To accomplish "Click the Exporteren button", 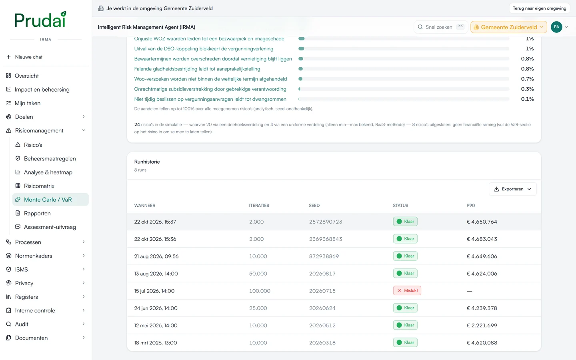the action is tap(512, 189).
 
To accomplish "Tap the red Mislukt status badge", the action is tap(407, 290).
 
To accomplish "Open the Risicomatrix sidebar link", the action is tap(39, 186).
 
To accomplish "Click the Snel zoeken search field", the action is tap(440, 27).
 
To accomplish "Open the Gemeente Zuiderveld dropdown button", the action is tap(508, 27).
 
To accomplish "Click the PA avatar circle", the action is tap(556, 27).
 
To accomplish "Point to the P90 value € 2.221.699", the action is tap(482, 325).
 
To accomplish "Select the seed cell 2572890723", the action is tap(326, 222).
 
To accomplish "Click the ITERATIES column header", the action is tap(259, 206).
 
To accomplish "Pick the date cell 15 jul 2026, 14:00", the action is tap(154, 291).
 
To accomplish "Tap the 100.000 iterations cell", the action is tap(260, 291).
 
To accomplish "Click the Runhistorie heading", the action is tap(147, 162).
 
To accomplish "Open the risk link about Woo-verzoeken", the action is tap(210, 79).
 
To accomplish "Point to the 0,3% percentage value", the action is tap(527, 89).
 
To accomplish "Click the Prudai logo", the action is tap(40, 20).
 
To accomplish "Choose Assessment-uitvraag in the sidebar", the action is tap(50, 227).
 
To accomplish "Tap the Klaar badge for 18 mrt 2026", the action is tap(405, 342).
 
